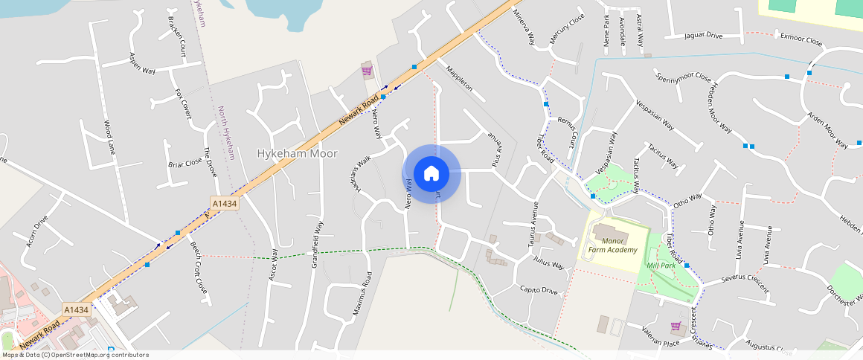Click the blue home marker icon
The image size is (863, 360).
(x=431, y=174)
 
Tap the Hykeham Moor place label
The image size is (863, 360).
(x=297, y=154)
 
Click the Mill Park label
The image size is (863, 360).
(x=661, y=265)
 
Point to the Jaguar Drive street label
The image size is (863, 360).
(x=703, y=35)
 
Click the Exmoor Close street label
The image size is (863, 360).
(x=801, y=39)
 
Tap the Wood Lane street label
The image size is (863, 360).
(x=109, y=138)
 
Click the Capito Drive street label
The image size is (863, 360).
(x=539, y=289)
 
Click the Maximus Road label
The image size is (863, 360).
(x=366, y=289)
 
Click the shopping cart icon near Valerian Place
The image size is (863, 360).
(x=676, y=326)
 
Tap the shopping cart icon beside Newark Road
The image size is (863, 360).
(x=366, y=71)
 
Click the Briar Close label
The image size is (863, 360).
(x=185, y=163)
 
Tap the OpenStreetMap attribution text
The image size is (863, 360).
(x=74, y=355)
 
